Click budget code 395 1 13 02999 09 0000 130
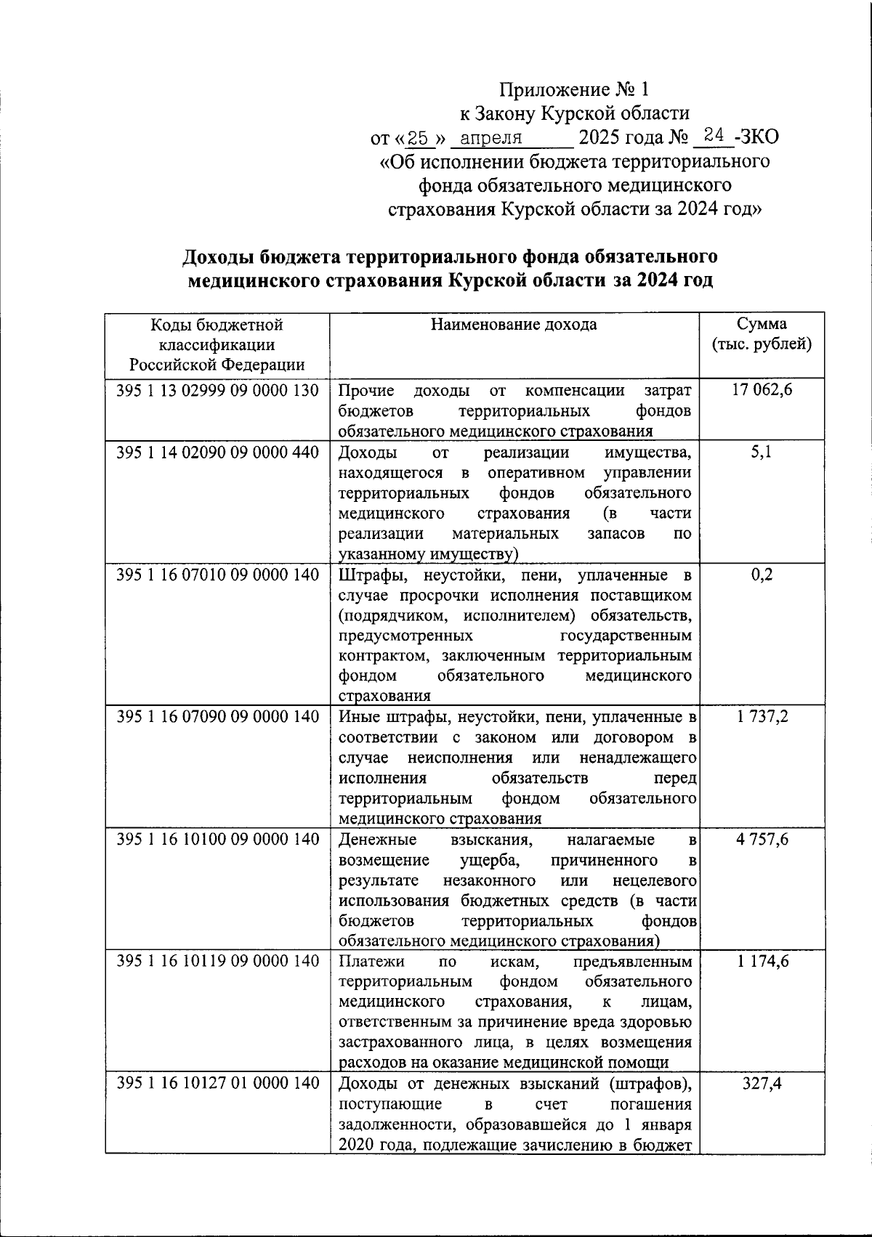(217, 391)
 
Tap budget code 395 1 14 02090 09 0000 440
(217, 453)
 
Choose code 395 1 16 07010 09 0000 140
(217, 575)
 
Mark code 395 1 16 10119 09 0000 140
(217, 962)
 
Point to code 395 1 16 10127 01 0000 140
(217, 1084)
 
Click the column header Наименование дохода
(514, 325)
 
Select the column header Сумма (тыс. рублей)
(762, 334)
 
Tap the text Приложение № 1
(573, 90)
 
